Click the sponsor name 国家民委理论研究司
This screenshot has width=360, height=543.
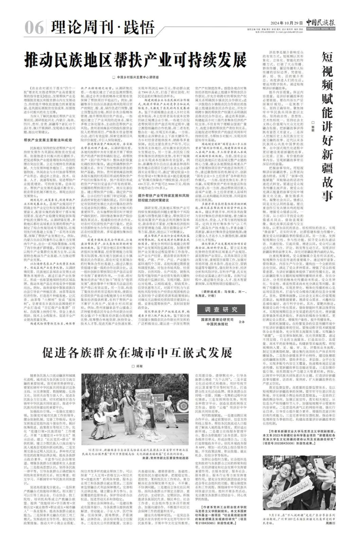[217, 319]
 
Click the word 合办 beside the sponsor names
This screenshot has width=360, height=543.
[241, 322]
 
